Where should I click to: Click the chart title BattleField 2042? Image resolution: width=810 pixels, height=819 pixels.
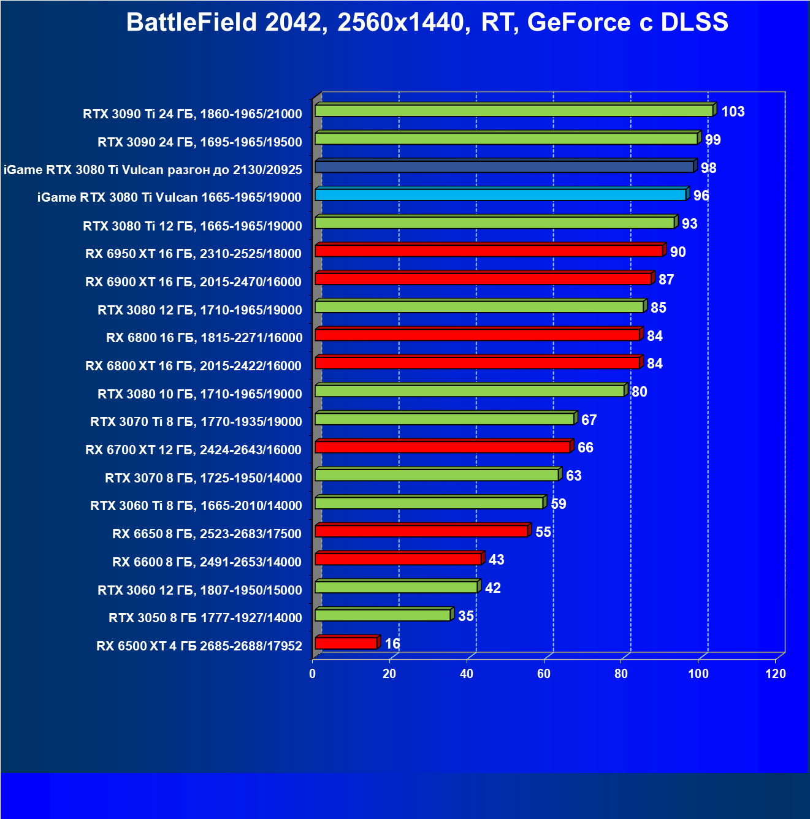point(427,23)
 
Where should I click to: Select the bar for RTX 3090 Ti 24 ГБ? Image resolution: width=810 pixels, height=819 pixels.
point(514,111)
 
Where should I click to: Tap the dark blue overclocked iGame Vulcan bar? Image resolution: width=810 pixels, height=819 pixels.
point(504,167)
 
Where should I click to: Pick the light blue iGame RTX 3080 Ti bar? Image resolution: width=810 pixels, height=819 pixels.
point(500,195)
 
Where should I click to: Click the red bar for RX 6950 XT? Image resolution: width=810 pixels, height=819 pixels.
point(489,251)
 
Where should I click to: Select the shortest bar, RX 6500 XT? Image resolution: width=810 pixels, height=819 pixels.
point(346,643)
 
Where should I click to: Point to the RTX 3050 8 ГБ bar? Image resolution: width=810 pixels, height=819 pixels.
point(383,615)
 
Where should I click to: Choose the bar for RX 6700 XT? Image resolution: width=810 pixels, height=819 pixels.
point(443,447)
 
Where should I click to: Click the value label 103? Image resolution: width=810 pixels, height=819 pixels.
point(733,112)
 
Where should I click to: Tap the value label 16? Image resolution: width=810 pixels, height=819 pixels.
point(392,644)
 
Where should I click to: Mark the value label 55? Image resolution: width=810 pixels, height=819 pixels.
point(543,532)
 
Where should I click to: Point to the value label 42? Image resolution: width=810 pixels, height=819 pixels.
point(493,589)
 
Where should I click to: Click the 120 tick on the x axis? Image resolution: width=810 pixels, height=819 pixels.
point(776,674)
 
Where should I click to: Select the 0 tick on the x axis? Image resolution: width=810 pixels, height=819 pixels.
point(313,674)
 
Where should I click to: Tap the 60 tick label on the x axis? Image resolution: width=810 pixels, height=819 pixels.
point(544,674)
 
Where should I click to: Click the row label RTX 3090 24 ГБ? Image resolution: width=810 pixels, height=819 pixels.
point(200,142)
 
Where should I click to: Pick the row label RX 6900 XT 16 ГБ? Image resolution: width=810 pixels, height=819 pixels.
point(194,282)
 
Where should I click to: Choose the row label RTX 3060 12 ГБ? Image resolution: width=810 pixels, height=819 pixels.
point(200,590)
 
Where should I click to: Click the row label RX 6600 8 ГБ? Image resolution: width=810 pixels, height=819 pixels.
point(207,562)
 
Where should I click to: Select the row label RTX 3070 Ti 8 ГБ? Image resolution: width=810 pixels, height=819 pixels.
point(196,422)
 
